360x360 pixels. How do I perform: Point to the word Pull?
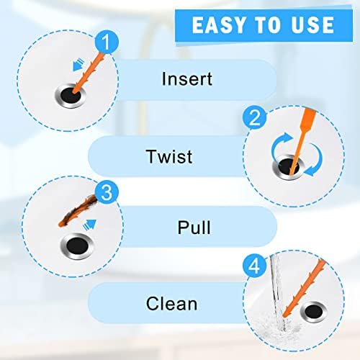click(x=194, y=228)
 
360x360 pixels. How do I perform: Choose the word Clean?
click(x=171, y=302)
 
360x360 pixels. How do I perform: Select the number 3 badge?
click(x=106, y=192)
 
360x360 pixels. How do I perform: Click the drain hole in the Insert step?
click(x=71, y=94)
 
